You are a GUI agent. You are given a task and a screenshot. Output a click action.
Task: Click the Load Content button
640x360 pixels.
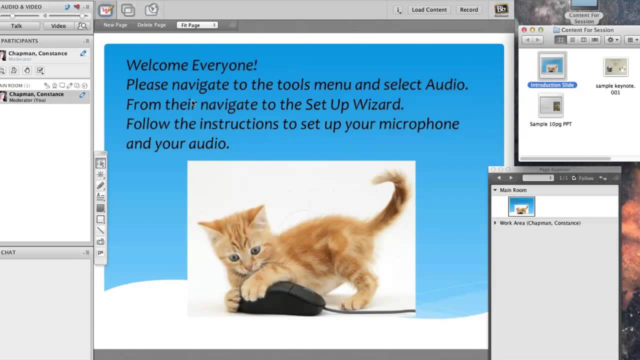[x=429, y=9]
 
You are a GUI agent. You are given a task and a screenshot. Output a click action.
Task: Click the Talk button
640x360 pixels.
[x=16, y=26]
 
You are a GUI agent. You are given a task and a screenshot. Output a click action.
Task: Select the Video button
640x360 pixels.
[x=58, y=26]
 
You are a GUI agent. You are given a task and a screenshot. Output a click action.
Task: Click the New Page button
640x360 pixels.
[x=115, y=25]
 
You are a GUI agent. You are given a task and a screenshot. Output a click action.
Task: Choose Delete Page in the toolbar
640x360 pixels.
[x=151, y=25]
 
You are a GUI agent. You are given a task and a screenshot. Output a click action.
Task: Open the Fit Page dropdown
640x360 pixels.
[x=197, y=25]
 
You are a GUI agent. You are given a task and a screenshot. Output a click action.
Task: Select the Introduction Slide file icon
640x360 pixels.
[x=552, y=65]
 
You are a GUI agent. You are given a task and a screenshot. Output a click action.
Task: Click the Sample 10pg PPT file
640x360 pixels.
[x=550, y=105]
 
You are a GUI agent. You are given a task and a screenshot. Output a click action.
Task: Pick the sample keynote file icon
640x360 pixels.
[x=615, y=67]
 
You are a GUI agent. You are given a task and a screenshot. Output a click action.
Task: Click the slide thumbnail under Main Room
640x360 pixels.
[x=521, y=206]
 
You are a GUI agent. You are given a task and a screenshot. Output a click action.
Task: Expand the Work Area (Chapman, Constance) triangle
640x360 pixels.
[x=495, y=223]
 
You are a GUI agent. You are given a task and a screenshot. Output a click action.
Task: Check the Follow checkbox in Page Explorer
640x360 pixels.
[x=574, y=178]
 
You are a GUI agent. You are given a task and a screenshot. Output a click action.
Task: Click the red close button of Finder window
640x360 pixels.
[x=524, y=30]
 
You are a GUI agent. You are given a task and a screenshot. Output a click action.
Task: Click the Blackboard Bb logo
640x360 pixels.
[x=500, y=9]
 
